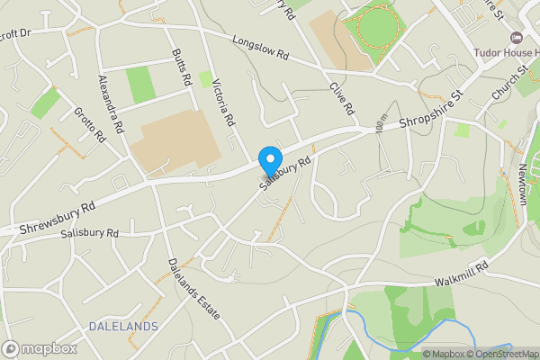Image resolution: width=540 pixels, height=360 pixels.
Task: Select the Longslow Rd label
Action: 259,47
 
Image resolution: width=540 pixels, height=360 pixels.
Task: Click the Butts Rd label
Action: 182,67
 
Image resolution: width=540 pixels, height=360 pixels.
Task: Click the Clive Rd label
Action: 341,98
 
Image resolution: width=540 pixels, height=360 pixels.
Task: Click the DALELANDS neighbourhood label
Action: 123,325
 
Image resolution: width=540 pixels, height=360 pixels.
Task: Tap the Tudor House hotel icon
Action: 515,37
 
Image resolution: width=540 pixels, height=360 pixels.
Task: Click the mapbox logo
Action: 39,348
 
